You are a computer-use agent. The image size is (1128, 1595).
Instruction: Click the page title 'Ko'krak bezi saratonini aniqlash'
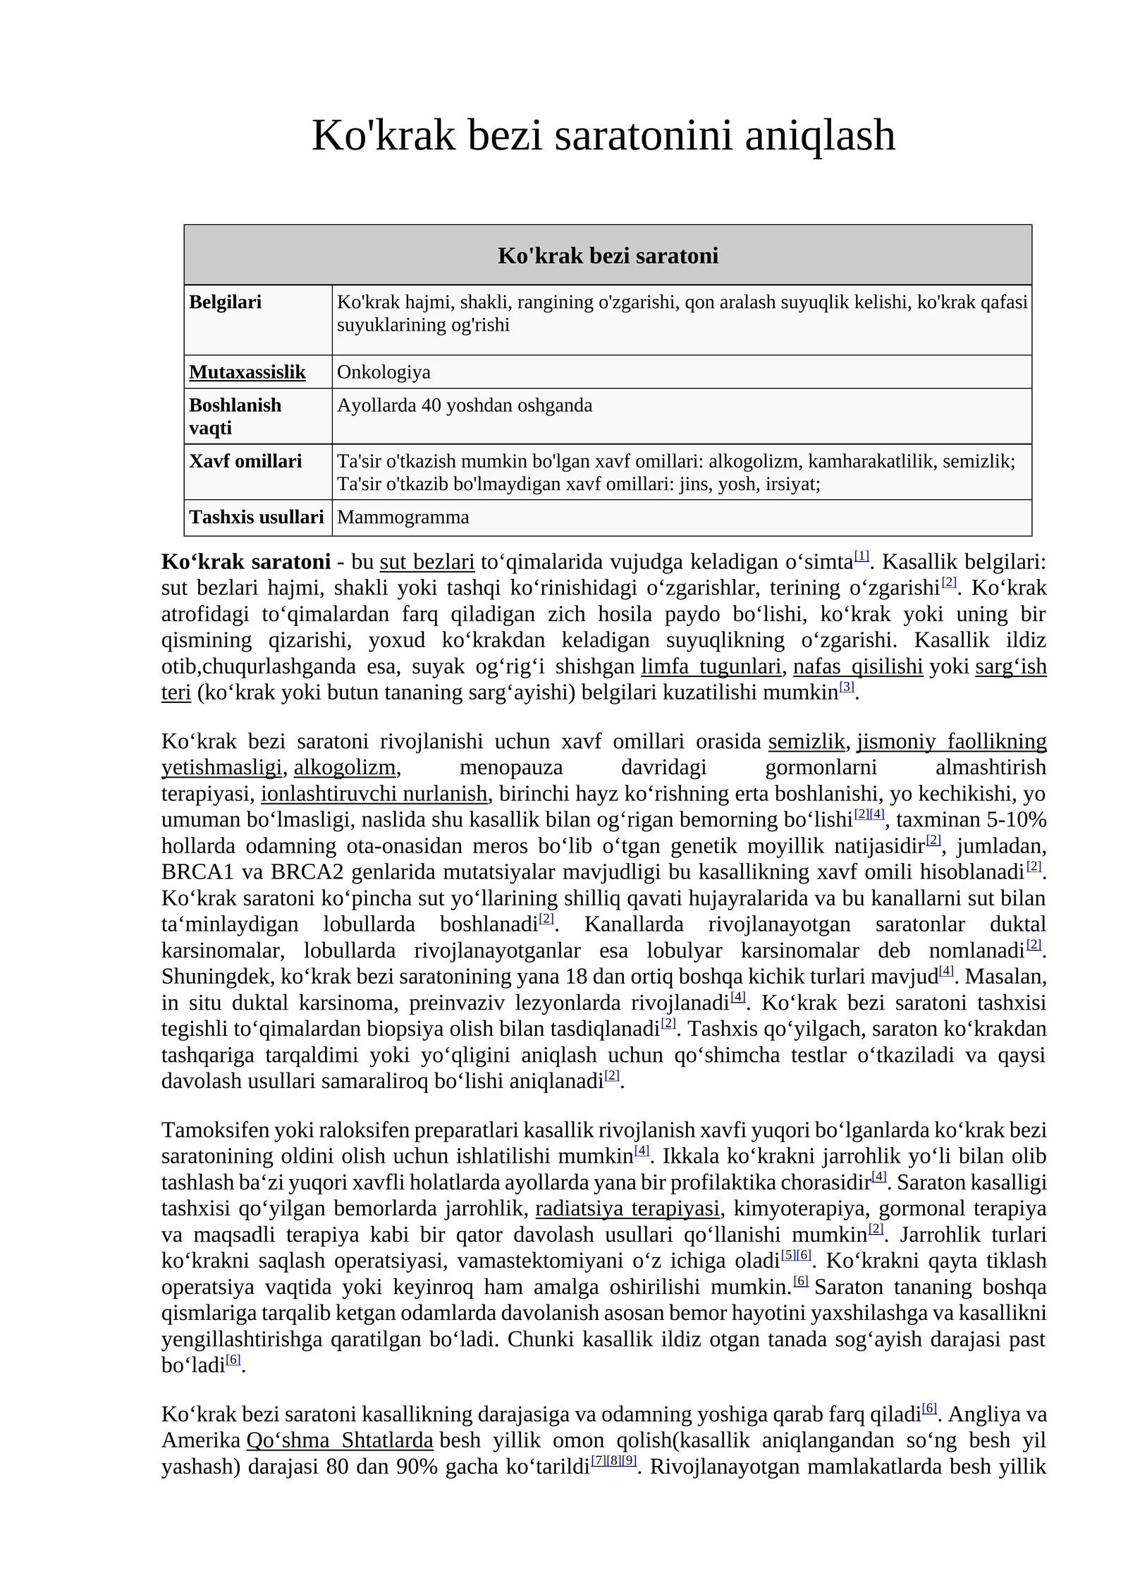pos(603,135)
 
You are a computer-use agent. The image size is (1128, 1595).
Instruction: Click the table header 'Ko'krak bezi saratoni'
pos(608,255)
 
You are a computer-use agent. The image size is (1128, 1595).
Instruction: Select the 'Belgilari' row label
pos(225,302)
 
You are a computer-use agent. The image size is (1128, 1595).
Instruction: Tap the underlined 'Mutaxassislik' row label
pos(247,372)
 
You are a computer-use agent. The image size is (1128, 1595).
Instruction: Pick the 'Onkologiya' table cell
pos(384,372)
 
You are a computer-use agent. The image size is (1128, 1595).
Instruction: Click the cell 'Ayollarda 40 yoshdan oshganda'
pos(464,405)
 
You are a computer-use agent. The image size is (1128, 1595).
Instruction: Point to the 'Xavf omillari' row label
pos(245,461)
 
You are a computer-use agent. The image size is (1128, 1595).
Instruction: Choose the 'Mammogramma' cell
pos(403,517)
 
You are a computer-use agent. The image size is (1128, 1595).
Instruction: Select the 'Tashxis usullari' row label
pos(256,517)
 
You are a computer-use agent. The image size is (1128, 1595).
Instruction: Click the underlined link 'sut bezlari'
pos(427,562)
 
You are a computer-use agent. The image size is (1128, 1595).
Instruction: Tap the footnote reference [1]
pos(862,556)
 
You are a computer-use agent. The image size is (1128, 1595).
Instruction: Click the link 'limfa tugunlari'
pos(711,666)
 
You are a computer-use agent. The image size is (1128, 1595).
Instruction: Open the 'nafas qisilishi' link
pos(857,666)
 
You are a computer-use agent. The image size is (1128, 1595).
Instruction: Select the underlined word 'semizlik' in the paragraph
pos(806,741)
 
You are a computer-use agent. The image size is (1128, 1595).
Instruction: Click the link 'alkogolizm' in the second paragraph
pos(344,767)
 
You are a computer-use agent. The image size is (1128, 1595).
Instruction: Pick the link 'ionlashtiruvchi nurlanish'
pos(374,793)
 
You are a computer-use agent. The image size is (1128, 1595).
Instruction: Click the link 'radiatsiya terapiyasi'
pos(627,1209)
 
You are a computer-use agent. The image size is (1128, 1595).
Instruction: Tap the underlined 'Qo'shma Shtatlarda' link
pos(339,1440)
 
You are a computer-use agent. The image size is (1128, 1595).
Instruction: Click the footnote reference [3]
pos(847,686)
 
